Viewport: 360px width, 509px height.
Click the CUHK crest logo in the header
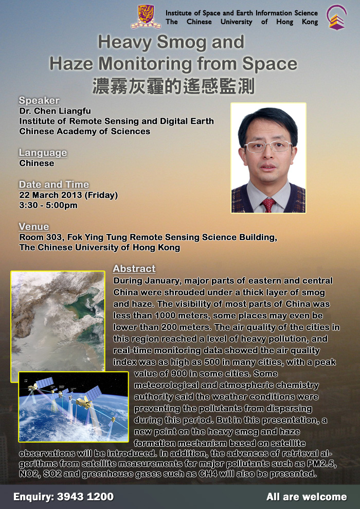(146, 16)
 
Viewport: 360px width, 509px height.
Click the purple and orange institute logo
(337, 17)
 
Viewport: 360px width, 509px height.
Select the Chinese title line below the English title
(173, 86)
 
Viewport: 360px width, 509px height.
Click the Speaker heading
(39, 100)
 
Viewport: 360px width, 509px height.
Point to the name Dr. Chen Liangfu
(55, 112)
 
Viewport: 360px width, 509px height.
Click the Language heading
(43, 153)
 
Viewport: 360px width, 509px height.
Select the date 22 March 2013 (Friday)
(68, 195)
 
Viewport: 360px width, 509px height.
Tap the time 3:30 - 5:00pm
(48, 206)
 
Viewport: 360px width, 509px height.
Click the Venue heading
(34, 226)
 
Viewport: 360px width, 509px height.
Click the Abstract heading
(134, 269)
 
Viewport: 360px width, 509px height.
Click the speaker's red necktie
(268, 205)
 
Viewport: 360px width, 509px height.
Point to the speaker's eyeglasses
(268, 147)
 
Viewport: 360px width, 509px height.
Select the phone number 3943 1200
(85, 497)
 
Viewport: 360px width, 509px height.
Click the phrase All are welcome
(307, 497)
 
